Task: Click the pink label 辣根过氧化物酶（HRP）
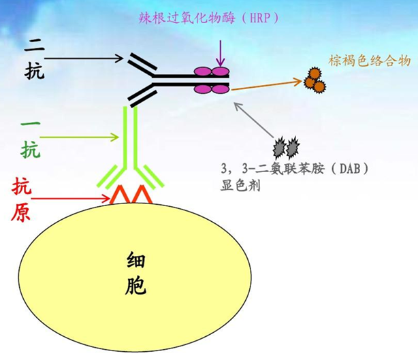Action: pyautogui.click(x=218, y=16)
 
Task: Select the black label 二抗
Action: pyautogui.click(x=32, y=59)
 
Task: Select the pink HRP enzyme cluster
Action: pyautogui.click(x=212, y=80)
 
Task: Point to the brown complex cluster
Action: pyautogui.click(x=315, y=80)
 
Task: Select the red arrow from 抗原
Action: pyautogui.click(x=71, y=199)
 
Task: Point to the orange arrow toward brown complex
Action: pyautogui.click(x=266, y=84)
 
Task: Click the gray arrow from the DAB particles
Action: pyautogui.click(x=255, y=120)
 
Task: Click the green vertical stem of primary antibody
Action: pyautogui.click(x=131, y=136)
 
